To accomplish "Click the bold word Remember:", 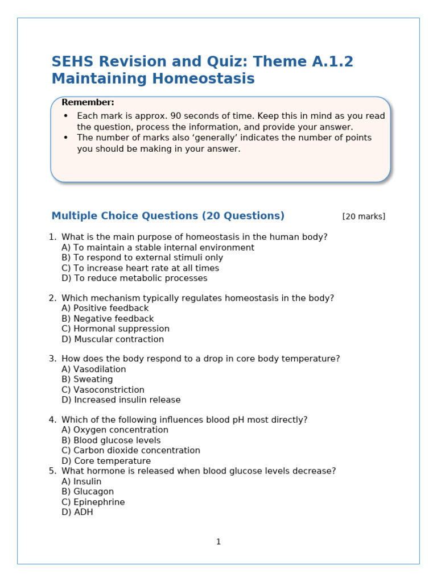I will click(88, 102).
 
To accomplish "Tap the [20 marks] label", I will click(364, 217).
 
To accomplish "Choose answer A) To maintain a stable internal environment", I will click(158, 248).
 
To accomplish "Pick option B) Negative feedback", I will click(108, 319).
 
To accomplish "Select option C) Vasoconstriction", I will click(103, 390).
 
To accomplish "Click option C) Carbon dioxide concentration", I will click(131, 451).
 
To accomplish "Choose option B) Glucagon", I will click(88, 492).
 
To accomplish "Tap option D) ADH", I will click(77, 512).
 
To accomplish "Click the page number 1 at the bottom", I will click(218, 542).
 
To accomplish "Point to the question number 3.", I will click(52, 359).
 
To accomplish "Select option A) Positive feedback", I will click(105, 309).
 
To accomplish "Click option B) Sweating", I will click(87, 380).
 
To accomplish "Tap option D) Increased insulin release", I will click(121, 400).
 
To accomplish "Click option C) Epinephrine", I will click(93, 502).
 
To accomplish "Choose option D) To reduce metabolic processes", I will click(134, 278).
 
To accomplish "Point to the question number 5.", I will click(52, 471).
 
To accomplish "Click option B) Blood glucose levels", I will click(111, 440).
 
